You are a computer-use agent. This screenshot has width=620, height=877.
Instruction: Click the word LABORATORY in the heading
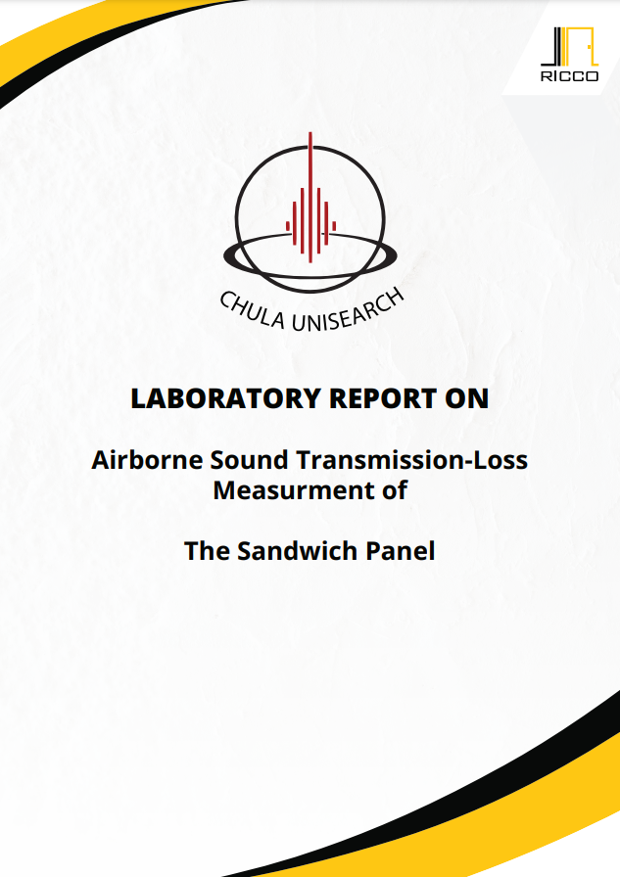(x=225, y=398)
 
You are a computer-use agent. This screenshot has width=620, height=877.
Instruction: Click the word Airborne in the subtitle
(x=147, y=460)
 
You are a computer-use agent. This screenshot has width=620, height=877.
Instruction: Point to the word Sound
(x=249, y=460)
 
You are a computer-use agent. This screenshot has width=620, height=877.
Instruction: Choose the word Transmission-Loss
(x=411, y=460)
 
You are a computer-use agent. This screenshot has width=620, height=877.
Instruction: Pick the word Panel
(x=400, y=551)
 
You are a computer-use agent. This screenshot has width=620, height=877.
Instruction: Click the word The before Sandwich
(x=207, y=551)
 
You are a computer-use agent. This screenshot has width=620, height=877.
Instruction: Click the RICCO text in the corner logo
(x=569, y=76)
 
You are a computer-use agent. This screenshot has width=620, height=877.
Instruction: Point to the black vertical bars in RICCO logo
(x=555, y=46)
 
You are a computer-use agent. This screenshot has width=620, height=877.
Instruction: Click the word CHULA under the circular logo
(x=252, y=311)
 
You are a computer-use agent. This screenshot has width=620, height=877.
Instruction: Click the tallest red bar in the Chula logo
(x=310, y=197)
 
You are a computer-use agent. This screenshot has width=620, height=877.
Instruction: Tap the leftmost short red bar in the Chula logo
(x=288, y=226)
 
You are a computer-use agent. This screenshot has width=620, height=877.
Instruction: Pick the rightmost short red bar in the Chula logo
(x=334, y=226)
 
